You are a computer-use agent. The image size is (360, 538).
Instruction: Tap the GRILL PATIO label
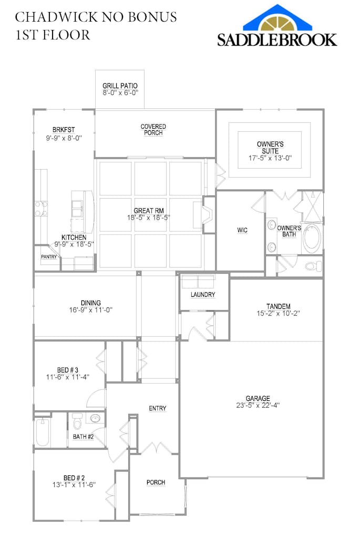[120, 86]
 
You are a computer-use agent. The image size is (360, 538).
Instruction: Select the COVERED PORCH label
[153, 130]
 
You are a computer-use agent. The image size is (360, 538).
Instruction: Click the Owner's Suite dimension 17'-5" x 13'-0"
[270, 158]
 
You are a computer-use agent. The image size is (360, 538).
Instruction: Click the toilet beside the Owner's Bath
[314, 265]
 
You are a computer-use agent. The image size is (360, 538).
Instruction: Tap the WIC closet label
[242, 230]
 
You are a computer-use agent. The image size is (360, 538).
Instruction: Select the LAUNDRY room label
[203, 295]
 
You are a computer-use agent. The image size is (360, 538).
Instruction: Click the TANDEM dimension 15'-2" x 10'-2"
[279, 313]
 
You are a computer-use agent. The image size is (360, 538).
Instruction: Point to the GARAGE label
[258, 398]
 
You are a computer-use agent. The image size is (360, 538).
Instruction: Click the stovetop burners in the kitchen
[41, 209]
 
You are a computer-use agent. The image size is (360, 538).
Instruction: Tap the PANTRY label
[49, 256]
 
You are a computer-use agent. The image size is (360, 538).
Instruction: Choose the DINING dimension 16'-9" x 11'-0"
[91, 310]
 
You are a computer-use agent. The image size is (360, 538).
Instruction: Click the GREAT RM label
[149, 211]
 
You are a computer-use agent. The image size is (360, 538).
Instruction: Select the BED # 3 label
[68, 370]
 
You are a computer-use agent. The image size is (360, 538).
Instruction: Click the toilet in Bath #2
[77, 421]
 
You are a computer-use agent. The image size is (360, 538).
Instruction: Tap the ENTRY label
[158, 408]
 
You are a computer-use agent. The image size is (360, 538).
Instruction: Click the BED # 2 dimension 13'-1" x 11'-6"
[74, 485]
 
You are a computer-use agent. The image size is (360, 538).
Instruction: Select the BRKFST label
[64, 130]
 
